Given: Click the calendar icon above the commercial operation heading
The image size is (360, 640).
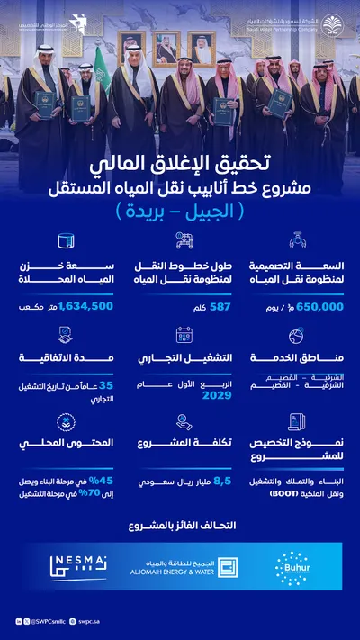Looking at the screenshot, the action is (x=184, y=335).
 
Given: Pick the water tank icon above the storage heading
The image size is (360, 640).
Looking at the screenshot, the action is (x=65, y=241).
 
